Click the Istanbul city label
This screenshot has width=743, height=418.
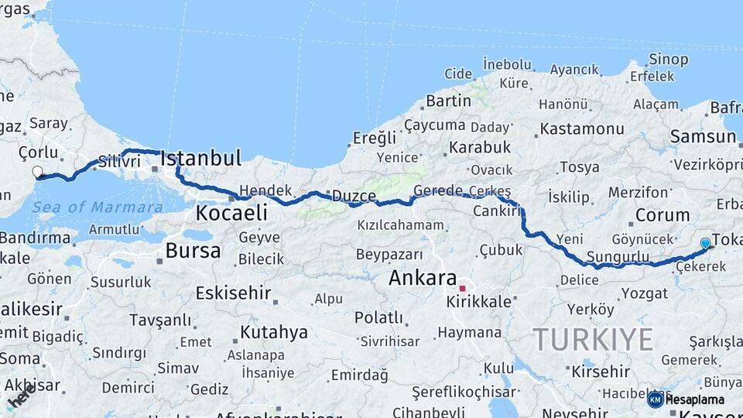pyautogui.click(x=200, y=159)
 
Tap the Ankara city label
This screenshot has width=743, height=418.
pyautogui.click(x=423, y=278)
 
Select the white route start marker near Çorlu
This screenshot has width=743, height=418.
pyautogui.click(x=37, y=172)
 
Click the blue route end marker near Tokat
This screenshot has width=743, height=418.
pyautogui.click(x=705, y=243)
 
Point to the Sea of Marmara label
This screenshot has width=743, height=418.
pyautogui.click(x=98, y=207)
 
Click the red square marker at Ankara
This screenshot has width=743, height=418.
pyautogui.click(x=462, y=289)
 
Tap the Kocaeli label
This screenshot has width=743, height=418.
pyautogui.click(x=231, y=213)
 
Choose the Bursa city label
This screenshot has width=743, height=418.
pyautogui.click(x=193, y=251)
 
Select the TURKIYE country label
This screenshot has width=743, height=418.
pyautogui.click(x=593, y=339)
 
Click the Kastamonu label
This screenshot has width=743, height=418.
pyautogui.click(x=582, y=128)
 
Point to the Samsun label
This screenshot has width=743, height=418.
pyautogui.click(x=703, y=137)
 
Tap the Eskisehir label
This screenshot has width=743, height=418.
pyautogui.click(x=233, y=293)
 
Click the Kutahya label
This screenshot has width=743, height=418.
pyautogui.click(x=274, y=332)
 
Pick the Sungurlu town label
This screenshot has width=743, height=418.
pyautogui.click(x=618, y=256)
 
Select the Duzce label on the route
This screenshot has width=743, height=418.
pyautogui.click(x=354, y=196)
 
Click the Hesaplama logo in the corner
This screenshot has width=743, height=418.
pyautogui.click(x=687, y=399)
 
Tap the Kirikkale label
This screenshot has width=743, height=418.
pyautogui.click(x=479, y=301)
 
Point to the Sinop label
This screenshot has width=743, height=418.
pyautogui.click(x=669, y=60)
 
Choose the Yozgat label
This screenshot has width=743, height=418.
pyautogui.click(x=644, y=293)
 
